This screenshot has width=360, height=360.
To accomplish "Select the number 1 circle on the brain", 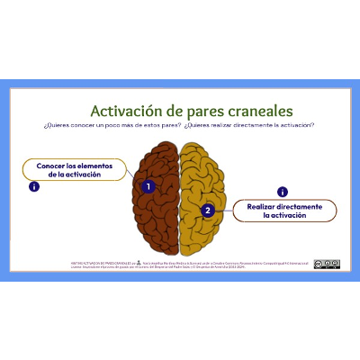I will click(x=149, y=185).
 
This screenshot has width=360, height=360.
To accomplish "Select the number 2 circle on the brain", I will click(x=208, y=211).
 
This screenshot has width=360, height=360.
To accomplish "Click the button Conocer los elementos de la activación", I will click(x=74, y=170).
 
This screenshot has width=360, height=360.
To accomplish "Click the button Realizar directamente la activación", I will click(x=284, y=211).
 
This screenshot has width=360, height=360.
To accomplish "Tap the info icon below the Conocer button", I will click(x=34, y=187).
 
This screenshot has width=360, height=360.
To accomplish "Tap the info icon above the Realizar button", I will click(x=282, y=191).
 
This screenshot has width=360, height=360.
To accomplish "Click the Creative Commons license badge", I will click(x=327, y=264).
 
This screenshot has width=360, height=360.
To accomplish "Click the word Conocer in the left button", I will click(x=51, y=166).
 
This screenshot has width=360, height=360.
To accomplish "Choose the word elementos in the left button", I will click(x=96, y=166).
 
